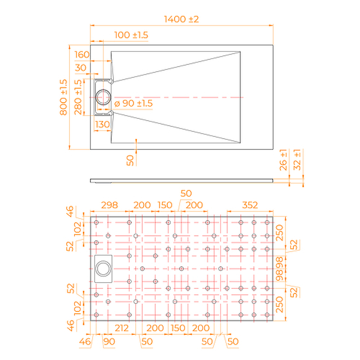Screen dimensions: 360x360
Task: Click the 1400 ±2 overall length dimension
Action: (181, 19)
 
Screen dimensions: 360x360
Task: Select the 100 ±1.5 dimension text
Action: (131, 35)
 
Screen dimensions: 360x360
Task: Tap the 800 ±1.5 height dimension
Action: (63, 97)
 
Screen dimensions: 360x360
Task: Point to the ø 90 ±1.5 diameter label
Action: (133, 103)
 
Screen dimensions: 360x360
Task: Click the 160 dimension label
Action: (82, 54)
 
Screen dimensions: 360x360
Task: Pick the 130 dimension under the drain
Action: (103, 125)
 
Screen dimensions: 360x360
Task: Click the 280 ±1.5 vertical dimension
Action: (78, 97)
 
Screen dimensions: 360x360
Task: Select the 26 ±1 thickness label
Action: (283, 160)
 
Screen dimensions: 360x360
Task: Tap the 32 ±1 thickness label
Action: (297, 160)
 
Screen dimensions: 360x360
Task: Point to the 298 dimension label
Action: (109, 205)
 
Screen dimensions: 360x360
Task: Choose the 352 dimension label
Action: (250, 205)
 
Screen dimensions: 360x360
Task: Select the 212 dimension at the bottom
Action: (121, 328)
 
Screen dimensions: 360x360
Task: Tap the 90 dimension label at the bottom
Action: (109, 342)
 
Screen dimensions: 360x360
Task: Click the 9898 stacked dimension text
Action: (279, 269)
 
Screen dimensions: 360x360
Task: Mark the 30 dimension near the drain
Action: (81, 68)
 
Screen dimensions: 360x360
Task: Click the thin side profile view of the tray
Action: (182, 181)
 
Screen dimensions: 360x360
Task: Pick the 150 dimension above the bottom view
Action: (165, 205)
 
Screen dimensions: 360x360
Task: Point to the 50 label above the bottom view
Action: (186, 193)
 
